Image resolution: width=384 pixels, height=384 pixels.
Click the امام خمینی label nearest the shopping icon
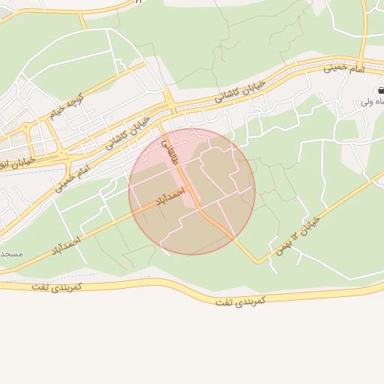point(343,69)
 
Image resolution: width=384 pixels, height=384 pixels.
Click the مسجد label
point(11,253)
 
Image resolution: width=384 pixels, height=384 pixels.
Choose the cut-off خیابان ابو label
point(16,160)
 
